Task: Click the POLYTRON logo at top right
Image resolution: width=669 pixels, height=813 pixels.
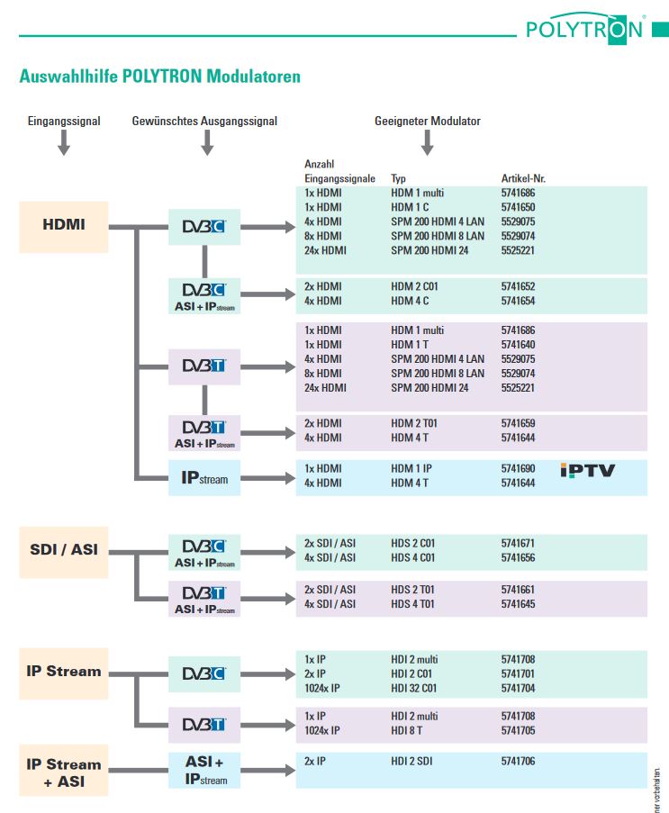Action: click(584, 29)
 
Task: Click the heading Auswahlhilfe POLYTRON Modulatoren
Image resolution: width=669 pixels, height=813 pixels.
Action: click(159, 77)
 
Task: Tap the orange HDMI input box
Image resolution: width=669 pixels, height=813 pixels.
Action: click(64, 225)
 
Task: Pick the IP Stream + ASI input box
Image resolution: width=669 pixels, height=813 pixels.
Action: click(64, 772)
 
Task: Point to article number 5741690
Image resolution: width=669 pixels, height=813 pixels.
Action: click(518, 469)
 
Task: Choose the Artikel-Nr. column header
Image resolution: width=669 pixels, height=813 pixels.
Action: click(523, 178)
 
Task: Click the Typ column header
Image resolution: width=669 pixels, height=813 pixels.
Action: click(398, 178)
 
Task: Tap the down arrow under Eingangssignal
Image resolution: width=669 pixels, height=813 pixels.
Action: click(63, 142)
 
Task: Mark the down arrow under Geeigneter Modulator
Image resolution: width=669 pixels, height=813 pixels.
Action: click(428, 142)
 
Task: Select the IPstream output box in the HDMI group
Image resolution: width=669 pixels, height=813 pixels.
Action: click(205, 478)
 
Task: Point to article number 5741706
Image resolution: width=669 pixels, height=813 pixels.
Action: click(518, 761)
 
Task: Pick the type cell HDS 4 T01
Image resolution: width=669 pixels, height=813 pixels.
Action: click(412, 603)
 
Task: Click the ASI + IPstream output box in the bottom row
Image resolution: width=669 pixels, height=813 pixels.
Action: click(205, 771)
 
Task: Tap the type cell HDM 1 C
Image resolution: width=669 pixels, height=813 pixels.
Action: click(411, 207)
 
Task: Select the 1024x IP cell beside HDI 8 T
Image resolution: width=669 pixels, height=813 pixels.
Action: click(322, 730)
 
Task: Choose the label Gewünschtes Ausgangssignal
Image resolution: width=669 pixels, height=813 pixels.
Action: click(204, 121)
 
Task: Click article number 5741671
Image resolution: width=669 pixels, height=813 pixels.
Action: click(518, 543)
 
